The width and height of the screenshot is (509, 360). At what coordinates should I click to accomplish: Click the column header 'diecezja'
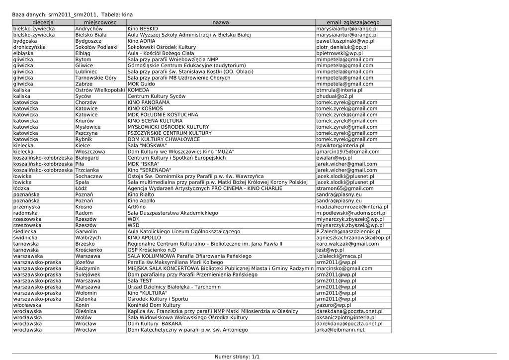pos(43,23)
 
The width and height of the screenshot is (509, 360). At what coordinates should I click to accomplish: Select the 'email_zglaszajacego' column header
pos(353,23)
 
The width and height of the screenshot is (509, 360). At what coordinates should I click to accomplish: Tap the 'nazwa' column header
pos(221,23)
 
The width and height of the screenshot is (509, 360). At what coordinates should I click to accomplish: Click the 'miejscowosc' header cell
pos(100,23)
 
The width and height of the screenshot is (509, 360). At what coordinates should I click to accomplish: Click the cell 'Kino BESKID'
pos(143,29)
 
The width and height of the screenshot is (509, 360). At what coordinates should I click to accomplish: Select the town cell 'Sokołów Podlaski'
pos(96,47)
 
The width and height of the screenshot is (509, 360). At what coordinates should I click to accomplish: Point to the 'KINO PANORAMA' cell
pos(148,102)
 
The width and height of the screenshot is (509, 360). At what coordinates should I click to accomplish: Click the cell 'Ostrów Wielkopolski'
pos(100,90)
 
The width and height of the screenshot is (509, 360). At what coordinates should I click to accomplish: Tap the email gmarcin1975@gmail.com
pos(347,152)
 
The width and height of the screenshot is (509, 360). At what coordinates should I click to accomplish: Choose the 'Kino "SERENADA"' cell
pos(148,170)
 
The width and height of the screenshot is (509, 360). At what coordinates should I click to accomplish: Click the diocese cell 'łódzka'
pos(22,188)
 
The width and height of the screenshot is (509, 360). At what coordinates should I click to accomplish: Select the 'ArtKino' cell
pos(137,207)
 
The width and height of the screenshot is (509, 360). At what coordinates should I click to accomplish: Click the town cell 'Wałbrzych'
pos(88,238)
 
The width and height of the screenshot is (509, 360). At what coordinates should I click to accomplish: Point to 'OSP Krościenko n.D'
pos(152,250)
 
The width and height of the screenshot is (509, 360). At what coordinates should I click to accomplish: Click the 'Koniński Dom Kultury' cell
pos(154,305)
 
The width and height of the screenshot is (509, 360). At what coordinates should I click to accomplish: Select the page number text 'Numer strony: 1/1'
pos(237,357)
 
